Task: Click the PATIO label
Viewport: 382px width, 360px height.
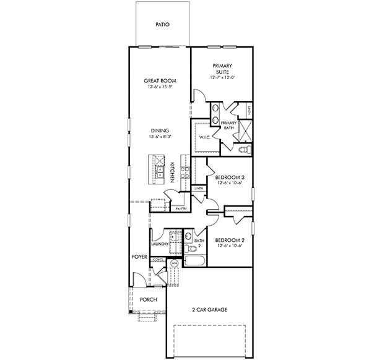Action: (162, 25)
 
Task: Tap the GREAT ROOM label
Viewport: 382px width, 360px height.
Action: (159, 80)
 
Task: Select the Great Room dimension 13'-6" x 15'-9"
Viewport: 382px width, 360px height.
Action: (159, 87)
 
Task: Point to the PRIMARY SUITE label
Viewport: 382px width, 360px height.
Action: (221, 69)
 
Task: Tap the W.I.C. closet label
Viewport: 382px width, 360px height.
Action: (206, 137)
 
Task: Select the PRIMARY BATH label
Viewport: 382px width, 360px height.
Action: (229, 125)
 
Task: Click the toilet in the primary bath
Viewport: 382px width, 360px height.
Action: (244, 150)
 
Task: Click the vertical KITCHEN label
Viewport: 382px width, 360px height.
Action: (171, 173)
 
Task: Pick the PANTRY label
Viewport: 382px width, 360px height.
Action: (181, 208)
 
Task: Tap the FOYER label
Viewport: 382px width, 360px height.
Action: (138, 255)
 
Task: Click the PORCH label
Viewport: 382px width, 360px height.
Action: (148, 299)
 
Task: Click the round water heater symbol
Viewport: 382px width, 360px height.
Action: (175, 263)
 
